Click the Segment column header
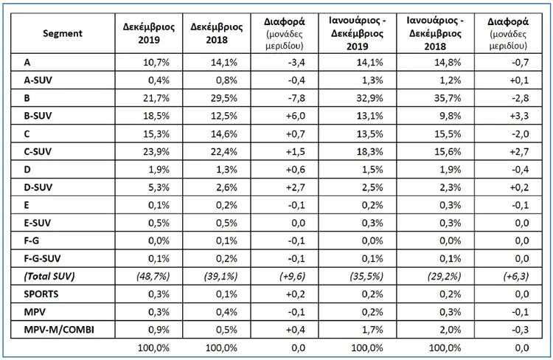pyautogui.click(x=63, y=33)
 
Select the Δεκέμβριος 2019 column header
pyautogui.click(x=149, y=33)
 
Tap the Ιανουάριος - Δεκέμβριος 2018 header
pyautogui.click(x=435, y=33)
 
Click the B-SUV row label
pyautogui.click(x=38, y=116)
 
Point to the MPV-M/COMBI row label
pyautogui.click(x=59, y=330)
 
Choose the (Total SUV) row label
pyautogui.click(x=49, y=276)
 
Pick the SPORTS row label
pyautogui.click(x=41, y=294)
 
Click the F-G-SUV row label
pyautogui.click(x=42, y=258)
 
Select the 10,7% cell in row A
pyautogui.click(x=156, y=63)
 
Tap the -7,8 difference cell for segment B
pyautogui.click(x=296, y=98)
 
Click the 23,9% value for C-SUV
pyautogui.click(x=156, y=151)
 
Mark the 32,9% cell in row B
pyautogui.click(x=369, y=98)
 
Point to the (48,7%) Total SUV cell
pyautogui.click(x=153, y=276)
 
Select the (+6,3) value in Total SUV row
pyautogui.click(x=516, y=276)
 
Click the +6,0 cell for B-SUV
pyautogui.click(x=296, y=116)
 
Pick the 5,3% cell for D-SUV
pyautogui.click(x=159, y=187)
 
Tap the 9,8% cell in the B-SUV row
pyautogui.click(x=451, y=116)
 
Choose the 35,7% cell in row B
pyautogui.click(x=448, y=98)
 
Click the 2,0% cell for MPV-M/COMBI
pyautogui.click(x=451, y=330)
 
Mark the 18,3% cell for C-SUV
pyautogui.click(x=369, y=151)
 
